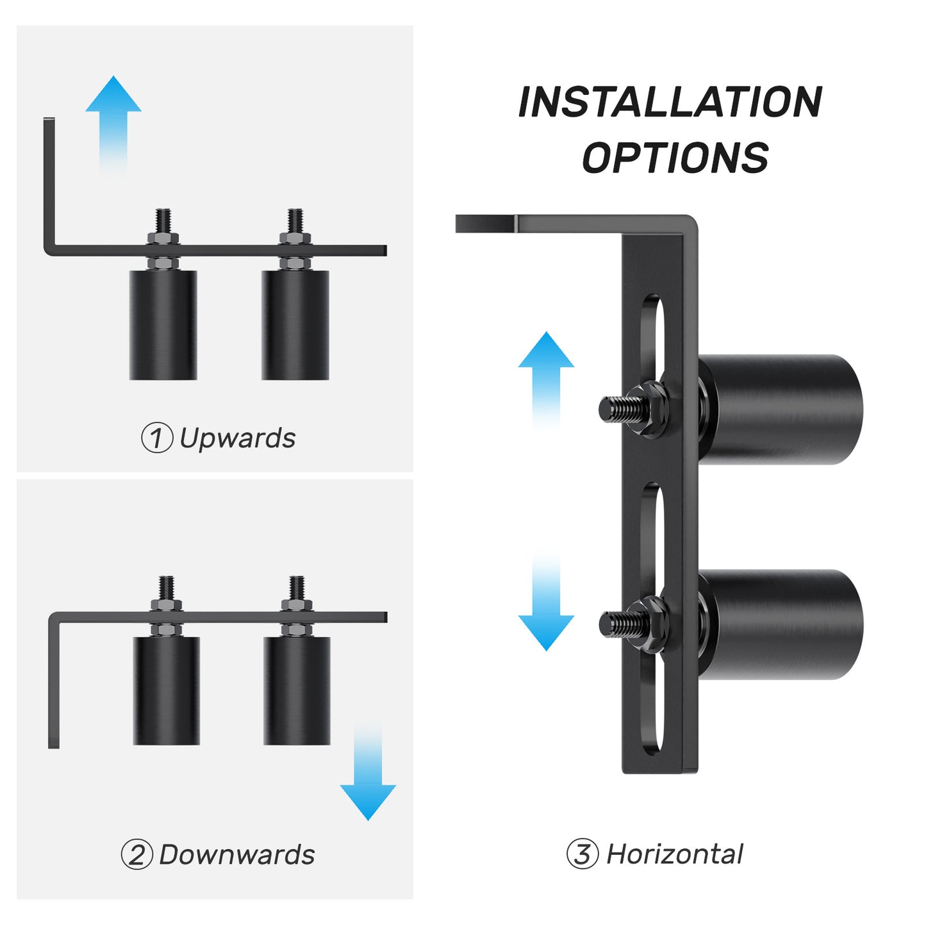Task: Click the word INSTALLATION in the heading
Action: click(670, 103)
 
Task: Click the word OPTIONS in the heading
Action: click(675, 158)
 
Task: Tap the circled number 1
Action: click(156, 439)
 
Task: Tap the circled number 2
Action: click(136, 855)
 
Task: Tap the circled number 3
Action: click(582, 854)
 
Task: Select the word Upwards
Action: click(237, 439)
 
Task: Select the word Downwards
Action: click(236, 855)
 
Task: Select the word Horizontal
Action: click(674, 854)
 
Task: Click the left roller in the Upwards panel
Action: click(163, 325)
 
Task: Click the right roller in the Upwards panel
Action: click(295, 325)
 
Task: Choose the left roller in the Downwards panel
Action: click(166, 690)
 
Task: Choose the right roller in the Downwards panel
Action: click(297, 690)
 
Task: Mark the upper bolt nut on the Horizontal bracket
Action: click(649, 408)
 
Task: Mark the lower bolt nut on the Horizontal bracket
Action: click(649, 624)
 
